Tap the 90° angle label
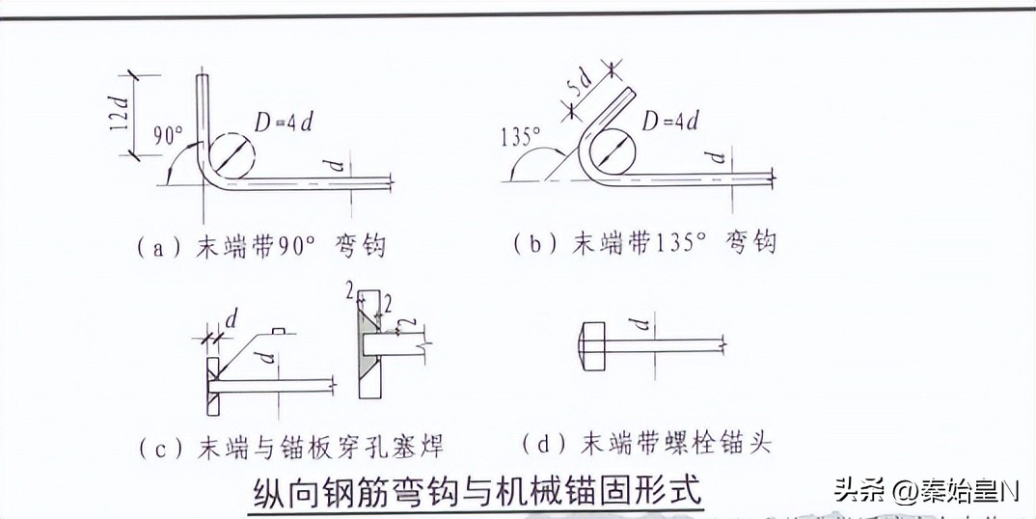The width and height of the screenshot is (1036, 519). tap(169, 135)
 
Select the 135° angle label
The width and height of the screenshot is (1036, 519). tap(521, 138)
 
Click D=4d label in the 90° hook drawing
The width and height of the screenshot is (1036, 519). tap(285, 123)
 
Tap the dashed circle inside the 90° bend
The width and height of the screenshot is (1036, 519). tap(232, 154)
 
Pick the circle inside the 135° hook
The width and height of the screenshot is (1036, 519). tap(612, 154)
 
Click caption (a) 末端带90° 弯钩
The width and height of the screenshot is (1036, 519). tap(261, 247)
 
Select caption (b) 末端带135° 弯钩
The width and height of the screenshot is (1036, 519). tap(645, 244)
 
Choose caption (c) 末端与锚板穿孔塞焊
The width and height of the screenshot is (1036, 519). tap(291, 449)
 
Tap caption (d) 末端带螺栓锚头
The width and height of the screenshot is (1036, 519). tap(646, 443)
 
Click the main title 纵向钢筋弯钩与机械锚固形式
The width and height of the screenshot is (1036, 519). tap(478, 493)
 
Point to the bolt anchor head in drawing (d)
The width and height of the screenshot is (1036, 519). tap(593, 346)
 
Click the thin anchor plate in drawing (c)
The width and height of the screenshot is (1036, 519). tap(213, 387)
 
